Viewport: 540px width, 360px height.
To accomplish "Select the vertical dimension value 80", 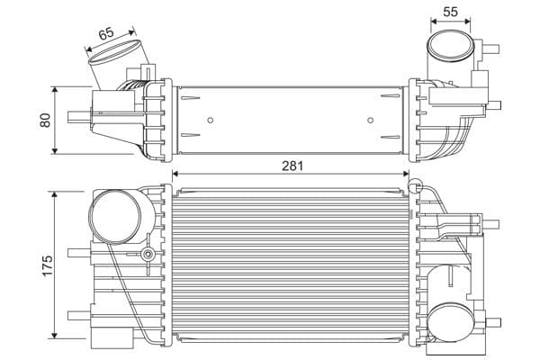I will coord(45,121).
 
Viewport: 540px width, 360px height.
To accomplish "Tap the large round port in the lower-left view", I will coord(115,219).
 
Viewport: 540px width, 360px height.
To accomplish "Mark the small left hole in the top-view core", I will coord(210,120).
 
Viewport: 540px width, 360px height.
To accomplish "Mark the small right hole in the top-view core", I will coord(372,120).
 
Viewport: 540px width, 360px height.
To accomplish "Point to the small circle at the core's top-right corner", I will coord(415,186).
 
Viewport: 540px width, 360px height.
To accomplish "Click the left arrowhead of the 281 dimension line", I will coord(176,175).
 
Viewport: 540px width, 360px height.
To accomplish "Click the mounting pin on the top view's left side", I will coord(77,114).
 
